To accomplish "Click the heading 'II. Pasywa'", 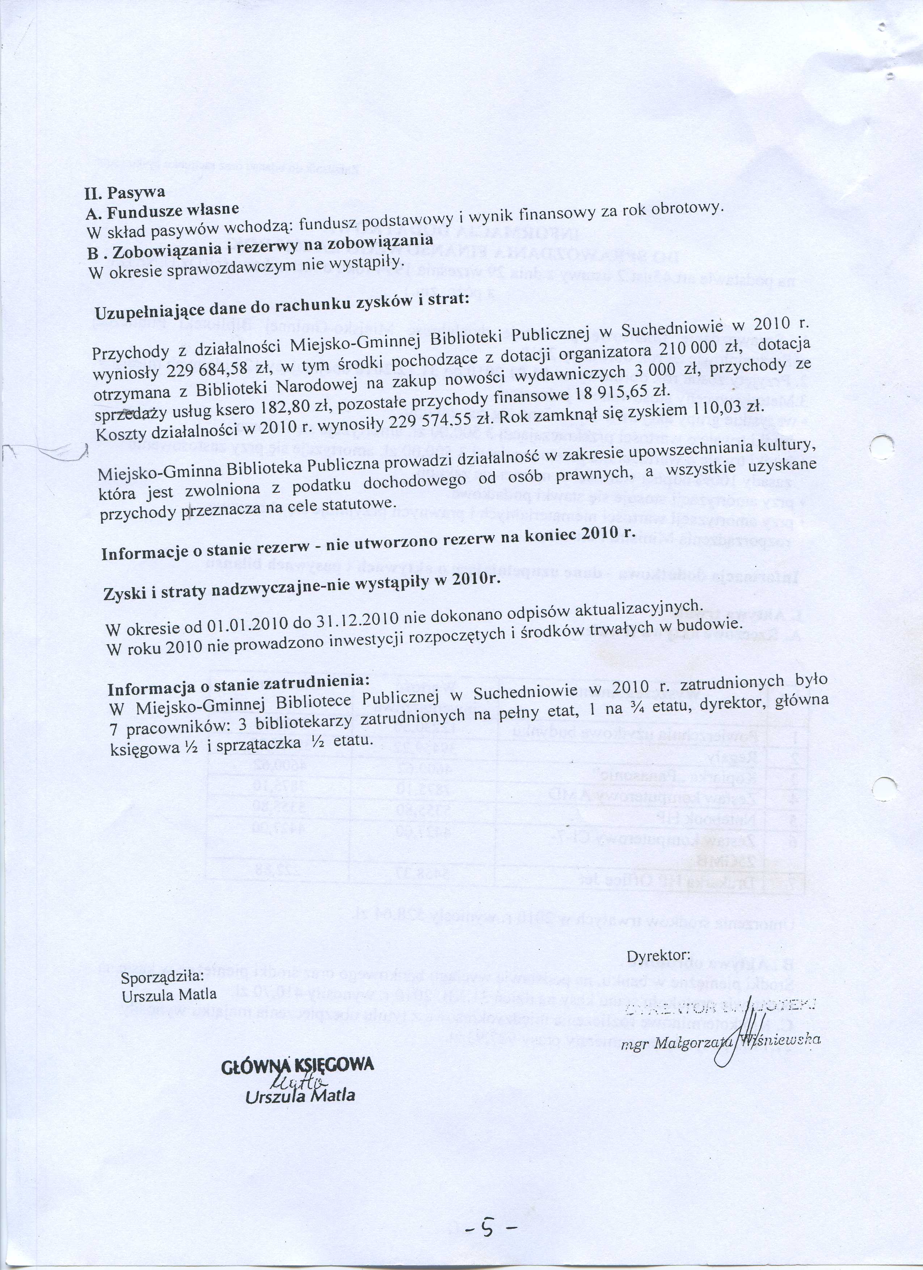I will point(125,192).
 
